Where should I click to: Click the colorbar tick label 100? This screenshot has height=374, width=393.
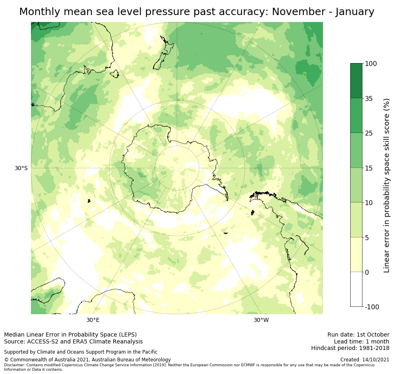(x=371, y=64)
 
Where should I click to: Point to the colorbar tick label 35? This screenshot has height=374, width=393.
(x=369, y=98)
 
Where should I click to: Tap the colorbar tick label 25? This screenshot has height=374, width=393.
(x=369, y=133)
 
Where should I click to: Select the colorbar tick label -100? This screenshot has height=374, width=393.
(x=373, y=307)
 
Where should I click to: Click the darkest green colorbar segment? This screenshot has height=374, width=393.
(x=356, y=81)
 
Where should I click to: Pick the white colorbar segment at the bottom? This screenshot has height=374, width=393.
(x=356, y=289)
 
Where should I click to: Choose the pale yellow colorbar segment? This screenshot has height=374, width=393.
(x=356, y=255)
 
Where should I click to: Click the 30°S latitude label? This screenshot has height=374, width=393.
(x=21, y=168)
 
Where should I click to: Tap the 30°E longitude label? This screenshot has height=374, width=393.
(x=93, y=320)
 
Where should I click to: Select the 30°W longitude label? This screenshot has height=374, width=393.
(x=261, y=320)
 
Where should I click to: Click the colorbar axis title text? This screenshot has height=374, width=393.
(x=386, y=185)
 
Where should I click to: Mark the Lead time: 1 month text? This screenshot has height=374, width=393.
(x=361, y=341)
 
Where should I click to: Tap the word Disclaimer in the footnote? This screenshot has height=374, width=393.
(x=15, y=365)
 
